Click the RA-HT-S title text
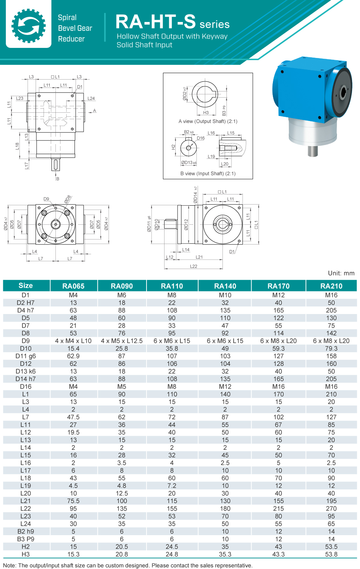156,22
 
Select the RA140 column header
225,286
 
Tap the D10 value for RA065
73,349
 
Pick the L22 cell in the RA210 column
331,508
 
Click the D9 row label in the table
26,341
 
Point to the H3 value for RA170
278,554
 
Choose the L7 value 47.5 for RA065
73,417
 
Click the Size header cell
26,286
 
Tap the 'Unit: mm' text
341,273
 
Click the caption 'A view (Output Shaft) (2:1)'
208,121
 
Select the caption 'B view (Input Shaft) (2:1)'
208,174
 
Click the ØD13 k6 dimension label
189,163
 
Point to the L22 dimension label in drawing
194,266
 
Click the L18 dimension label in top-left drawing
17,146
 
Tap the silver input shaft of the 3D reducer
312,151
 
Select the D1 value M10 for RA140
225,295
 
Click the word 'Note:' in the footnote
10,565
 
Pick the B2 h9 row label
26,532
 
